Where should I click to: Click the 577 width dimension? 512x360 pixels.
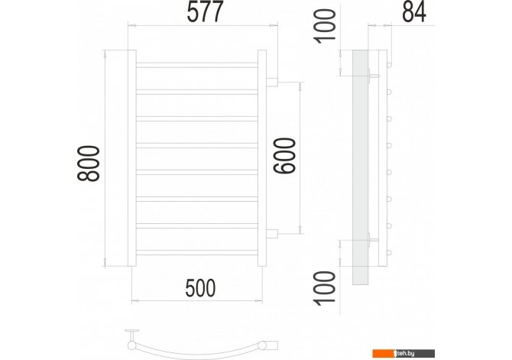(x=205, y=11)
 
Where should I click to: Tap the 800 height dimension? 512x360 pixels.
(x=89, y=164)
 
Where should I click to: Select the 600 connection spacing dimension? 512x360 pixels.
(x=285, y=156)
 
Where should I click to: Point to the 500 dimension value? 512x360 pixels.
(x=200, y=288)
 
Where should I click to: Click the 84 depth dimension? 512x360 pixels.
(x=414, y=11)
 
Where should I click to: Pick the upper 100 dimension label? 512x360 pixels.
(x=325, y=25)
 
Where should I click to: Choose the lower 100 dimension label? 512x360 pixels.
(x=325, y=288)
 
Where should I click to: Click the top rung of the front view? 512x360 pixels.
(x=197, y=65)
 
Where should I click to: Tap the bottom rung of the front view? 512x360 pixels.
(x=197, y=252)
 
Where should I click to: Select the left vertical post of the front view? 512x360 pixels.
(x=132, y=158)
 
